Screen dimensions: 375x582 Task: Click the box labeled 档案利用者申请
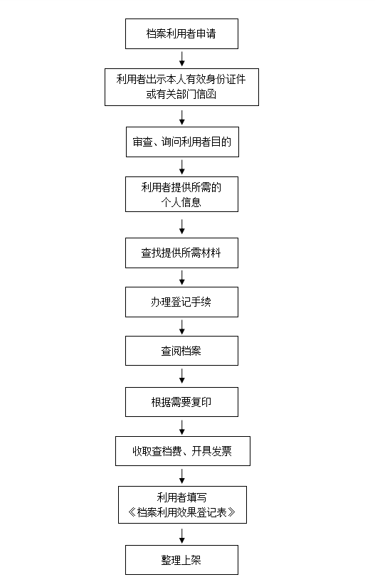click(x=181, y=33)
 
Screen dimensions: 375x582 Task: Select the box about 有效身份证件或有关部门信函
click(x=181, y=87)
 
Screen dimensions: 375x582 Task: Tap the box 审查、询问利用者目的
click(x=182, y=142)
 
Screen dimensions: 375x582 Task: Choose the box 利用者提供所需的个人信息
click(x=181, y=194)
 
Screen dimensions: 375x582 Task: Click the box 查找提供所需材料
click(x=181, y=253)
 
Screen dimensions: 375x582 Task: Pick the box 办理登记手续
click(x=181, y=302)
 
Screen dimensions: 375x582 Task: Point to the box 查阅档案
click(x=181, y=351)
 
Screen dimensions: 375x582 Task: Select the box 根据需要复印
click(x=181, y=402)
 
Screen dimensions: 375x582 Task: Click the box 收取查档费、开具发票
click(x=183, y=451)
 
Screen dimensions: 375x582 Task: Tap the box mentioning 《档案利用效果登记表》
click(x=182, y=504)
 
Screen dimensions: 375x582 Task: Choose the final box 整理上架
click(x=181, y=560)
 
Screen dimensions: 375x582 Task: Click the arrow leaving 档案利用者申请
click(x=182, y=58)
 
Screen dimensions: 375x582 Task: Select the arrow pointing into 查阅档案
click(x=182, y=327)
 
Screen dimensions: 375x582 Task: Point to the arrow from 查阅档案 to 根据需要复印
click(x=182, y=376)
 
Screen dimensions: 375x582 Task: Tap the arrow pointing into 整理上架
click(x=182, y=536)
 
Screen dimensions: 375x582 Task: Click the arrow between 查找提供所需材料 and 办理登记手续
click(x=182, y=277)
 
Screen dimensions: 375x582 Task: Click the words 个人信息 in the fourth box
click(x=181, y=202)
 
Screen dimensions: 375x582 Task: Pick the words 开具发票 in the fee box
click(x=211, y=451)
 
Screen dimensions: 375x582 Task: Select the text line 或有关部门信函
click(x=181, y=95)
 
